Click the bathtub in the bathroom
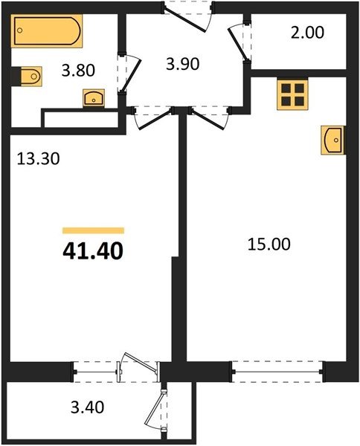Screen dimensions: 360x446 coord(47,30)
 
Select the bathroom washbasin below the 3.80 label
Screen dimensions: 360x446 coord(94,98)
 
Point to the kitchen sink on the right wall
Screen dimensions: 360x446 coord(332,140)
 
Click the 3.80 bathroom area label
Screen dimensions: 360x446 coord(78,71)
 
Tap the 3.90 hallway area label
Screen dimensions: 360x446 coord(183,64)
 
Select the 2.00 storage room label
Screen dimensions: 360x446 coord(307,33)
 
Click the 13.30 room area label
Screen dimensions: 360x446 coord(39,159)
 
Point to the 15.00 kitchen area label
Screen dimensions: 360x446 coord(269,245)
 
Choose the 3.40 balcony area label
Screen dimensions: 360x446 coord(87,407)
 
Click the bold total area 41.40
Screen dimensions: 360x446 coord(93,252)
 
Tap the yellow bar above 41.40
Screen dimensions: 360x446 coord(93,230)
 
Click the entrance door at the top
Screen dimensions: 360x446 coord(188,16)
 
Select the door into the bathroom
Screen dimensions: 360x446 coord(129,74)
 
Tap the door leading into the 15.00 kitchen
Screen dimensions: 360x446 coord(210,118)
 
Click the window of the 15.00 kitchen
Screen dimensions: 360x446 coord(277,372)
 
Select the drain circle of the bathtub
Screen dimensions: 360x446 coord(19,30)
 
